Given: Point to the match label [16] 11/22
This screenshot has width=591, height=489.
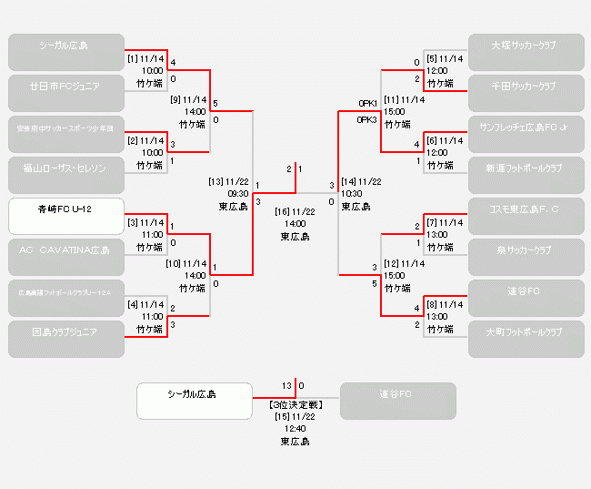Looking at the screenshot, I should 295,211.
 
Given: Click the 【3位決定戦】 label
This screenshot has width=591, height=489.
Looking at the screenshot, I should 295,403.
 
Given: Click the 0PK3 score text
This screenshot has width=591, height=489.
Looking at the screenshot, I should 367,119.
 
